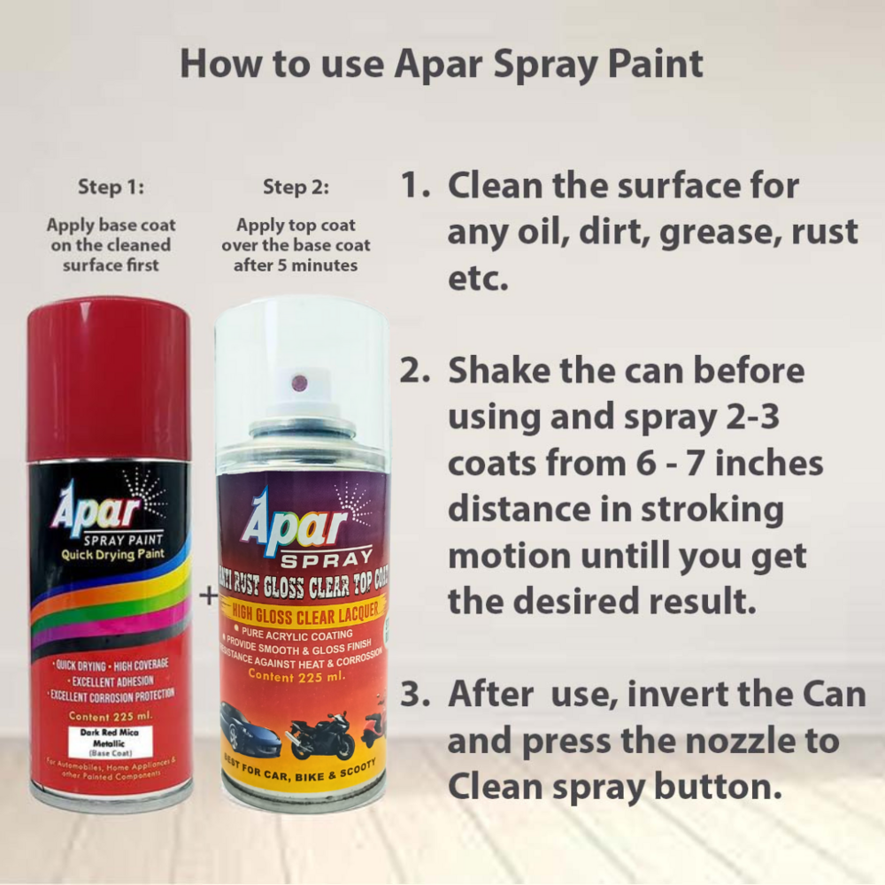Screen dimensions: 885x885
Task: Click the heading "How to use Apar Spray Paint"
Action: pyautogui.click(x=442, y=65)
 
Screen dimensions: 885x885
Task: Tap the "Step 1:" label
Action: pyautogui.click(x=111, y=187)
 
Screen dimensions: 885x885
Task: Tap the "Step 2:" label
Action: pyautogui.click(x=296, y=187)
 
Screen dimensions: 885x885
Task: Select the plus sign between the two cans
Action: pyautogui.click(x=208, y=596)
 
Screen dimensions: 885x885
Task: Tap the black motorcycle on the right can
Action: pyautogui.click(x=319, y=732)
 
